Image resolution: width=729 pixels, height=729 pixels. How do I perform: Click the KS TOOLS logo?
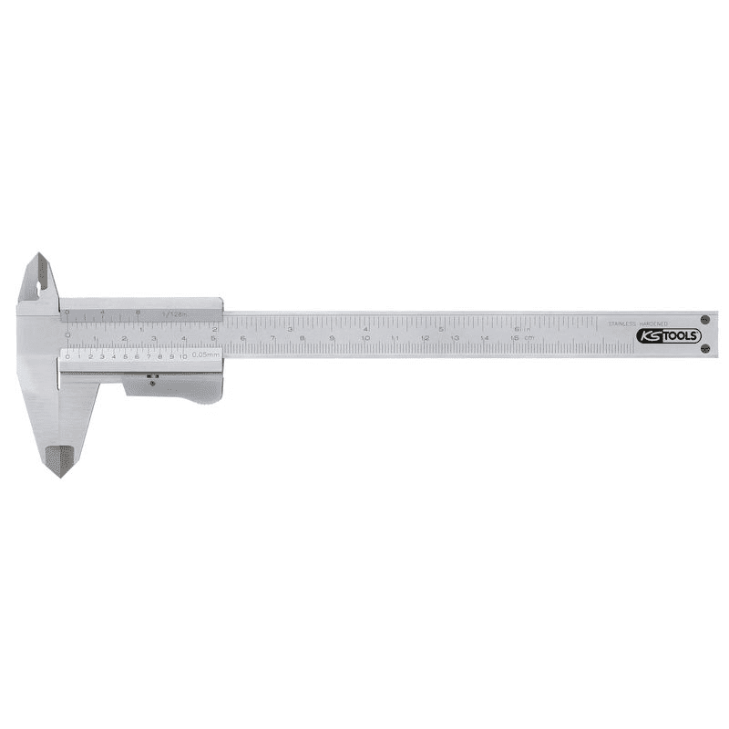point(668,335)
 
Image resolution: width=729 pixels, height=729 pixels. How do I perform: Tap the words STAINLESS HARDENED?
point(638,323)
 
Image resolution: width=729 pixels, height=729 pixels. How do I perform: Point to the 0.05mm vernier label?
point(206,356)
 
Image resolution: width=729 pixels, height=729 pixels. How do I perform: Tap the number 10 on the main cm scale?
point(364,339)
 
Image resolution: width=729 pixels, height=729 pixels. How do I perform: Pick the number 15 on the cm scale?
point(514,339)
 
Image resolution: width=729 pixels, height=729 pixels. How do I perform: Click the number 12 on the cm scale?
point(424,339)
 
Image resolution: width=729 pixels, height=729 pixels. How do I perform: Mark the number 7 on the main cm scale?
point(272,339)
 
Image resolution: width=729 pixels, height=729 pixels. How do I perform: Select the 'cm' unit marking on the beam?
point(529,339)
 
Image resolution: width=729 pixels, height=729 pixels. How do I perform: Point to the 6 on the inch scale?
point(516,328)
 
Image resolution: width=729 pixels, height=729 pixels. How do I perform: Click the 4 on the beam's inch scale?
point(364,328)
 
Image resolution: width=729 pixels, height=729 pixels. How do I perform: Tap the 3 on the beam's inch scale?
point(290,328)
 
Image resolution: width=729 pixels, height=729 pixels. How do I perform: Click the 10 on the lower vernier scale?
point(183,356)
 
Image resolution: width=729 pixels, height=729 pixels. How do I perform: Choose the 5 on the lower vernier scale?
point(125,356)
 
